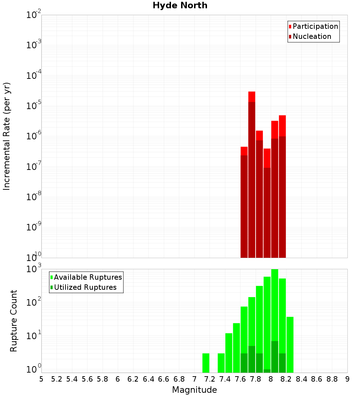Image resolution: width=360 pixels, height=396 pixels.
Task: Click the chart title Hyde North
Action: [180, 5]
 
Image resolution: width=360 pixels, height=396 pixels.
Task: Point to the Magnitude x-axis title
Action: [194, 390]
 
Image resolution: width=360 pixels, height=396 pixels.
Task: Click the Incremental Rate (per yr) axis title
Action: [7, 136]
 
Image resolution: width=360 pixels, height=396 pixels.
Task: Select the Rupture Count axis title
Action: [14, 320]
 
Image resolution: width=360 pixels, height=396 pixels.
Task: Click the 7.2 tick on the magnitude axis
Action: [210, 379]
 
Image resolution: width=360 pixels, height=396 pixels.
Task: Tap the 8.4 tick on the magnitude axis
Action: [301, 379]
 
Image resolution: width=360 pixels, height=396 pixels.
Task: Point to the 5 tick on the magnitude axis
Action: [41, 379]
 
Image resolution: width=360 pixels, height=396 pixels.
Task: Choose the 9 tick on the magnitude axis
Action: [347, 379]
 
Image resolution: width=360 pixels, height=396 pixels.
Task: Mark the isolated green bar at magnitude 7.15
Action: [206, 363]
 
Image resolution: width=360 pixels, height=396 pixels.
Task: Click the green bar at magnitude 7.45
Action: [229, 353]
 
